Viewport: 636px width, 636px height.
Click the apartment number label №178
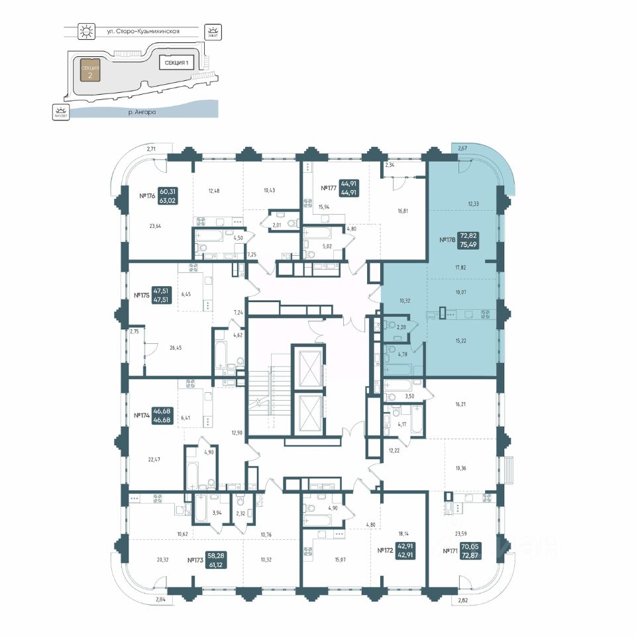(447, 240)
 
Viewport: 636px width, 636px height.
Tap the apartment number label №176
(146, 196)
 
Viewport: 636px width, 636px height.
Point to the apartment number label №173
(195, 560)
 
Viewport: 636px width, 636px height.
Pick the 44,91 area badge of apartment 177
(350, 189)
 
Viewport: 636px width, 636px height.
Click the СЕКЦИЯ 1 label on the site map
(175, 63)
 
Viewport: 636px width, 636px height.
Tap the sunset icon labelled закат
(212, 30)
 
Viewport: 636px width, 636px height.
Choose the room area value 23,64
(156, 227)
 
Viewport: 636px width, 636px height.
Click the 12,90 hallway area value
(237, 433)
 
